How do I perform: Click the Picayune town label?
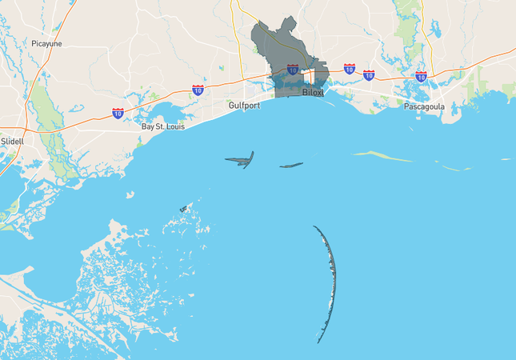click(46, 44)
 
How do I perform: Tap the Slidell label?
click(12, 141)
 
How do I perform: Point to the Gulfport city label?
click(245, 105)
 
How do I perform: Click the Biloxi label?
click(314, 93)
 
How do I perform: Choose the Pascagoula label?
click(424, 106)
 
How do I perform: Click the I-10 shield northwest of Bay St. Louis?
click(118, 113)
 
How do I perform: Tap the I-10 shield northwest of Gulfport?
click(198, 90)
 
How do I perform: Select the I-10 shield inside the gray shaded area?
click(293, 70)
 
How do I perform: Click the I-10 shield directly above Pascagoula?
click(421, 77)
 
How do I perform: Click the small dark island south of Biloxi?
click(291, 166)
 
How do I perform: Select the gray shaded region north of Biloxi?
click(280, 48)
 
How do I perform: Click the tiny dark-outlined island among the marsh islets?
click(183, 209)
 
